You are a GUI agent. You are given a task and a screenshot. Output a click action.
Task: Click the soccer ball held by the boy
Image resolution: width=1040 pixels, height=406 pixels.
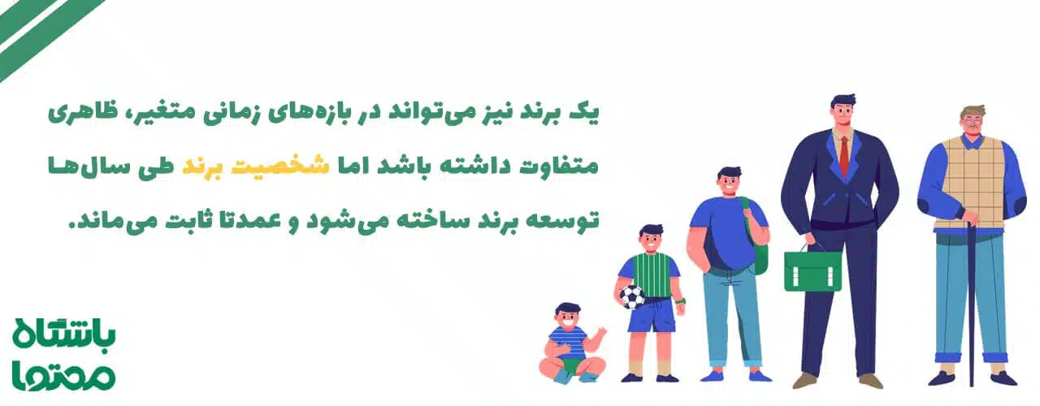point(632,296)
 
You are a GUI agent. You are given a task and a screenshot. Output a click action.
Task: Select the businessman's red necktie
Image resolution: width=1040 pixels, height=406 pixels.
point(844,155)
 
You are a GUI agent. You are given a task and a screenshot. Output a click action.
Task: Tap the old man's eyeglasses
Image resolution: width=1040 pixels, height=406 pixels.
point(973,124)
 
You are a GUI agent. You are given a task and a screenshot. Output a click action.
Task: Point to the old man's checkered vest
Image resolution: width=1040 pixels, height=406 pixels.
point(972,182)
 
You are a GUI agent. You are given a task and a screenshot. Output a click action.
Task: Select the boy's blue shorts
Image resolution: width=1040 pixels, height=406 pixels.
point(652,315)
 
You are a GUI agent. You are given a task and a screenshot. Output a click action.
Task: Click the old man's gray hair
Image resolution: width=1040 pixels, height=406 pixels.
point(973,110)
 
